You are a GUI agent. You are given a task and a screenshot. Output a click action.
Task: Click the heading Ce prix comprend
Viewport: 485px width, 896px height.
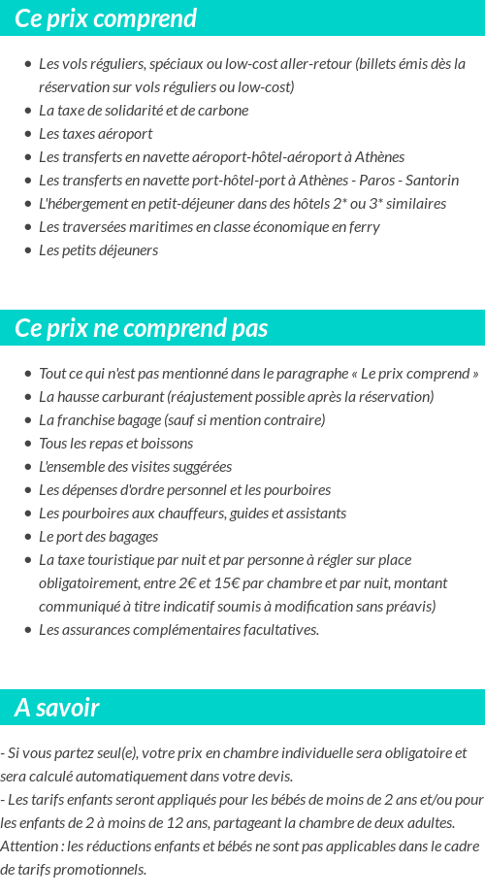point(106,18)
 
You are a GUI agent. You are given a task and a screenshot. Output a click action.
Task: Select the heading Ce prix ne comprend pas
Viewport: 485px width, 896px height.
point(142,328)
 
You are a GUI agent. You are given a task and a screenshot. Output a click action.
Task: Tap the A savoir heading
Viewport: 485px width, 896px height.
point(57,708)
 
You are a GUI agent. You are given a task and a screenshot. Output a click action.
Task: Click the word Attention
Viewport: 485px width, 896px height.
point(30,846)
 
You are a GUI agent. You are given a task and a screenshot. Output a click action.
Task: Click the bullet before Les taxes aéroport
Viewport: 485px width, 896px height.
point(27,134)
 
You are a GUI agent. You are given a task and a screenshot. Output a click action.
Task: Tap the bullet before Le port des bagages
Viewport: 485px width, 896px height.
point(27,537)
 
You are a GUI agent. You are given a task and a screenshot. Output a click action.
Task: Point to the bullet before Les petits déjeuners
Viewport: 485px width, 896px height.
point(27,250)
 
